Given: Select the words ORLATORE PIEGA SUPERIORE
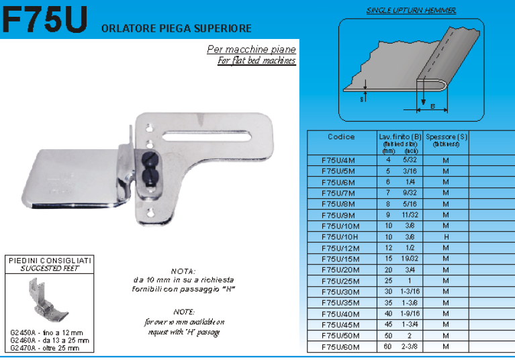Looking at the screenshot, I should (176, 28).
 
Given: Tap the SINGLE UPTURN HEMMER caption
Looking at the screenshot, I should (412, 10).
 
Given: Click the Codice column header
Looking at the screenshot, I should (341, 137).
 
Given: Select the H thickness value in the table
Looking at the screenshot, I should (446, 237).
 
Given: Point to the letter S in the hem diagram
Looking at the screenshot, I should (361, 98).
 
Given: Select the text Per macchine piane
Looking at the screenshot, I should (251, 50).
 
